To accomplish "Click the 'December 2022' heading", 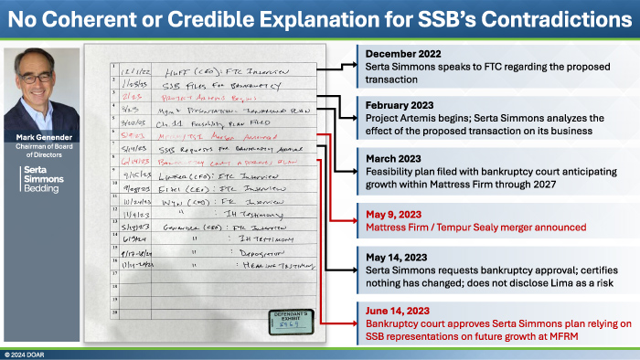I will tap(400, 55).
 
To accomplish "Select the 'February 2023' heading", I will tap(397, 104).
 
